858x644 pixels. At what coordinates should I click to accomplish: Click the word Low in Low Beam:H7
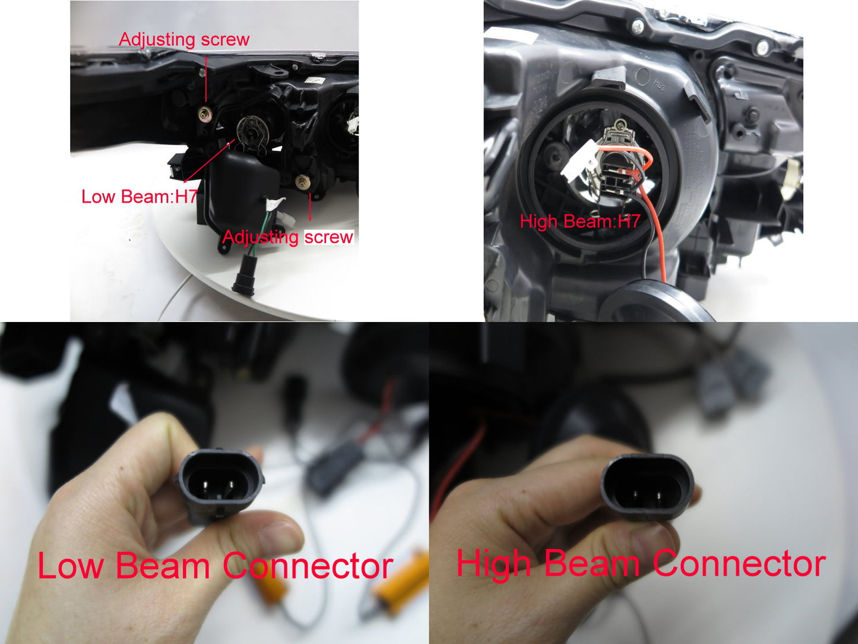click(98, 196)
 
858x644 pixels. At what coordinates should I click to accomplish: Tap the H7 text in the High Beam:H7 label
click(629, 222)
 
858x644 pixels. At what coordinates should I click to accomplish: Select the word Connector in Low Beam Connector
click(308, 567)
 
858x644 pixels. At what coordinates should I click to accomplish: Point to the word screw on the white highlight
click(328, 238)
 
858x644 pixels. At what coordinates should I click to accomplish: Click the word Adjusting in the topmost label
click(157, 40)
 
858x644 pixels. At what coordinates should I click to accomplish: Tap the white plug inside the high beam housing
click(578, 161)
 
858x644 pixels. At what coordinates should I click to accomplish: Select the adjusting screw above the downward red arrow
click(302, 182)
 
